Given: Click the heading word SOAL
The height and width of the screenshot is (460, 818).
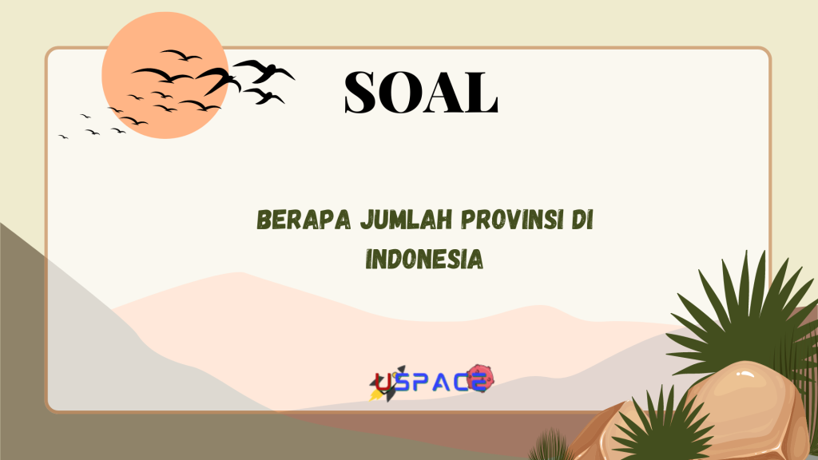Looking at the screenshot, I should pos(421,92).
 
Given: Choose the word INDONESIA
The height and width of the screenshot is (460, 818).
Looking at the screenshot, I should pos(424,259).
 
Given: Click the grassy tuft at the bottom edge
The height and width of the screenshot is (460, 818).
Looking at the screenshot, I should pos(551,447).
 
